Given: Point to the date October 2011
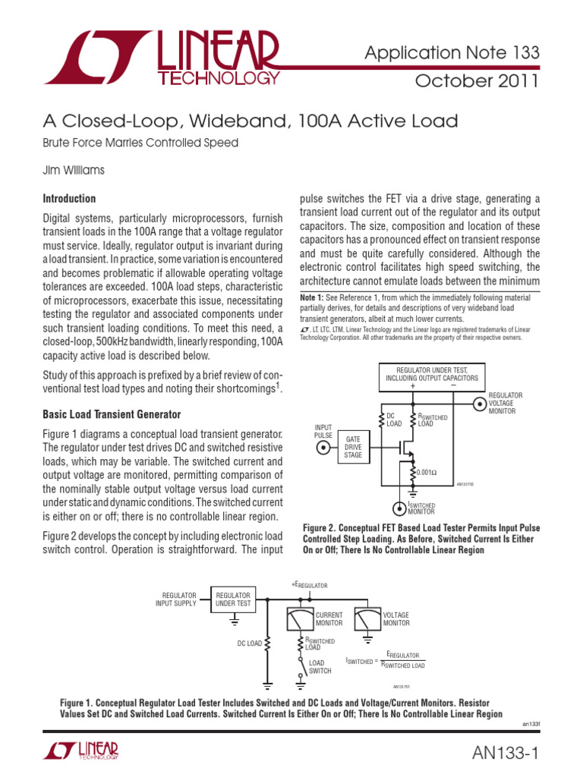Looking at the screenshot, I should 477,81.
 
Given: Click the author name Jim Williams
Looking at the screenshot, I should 73,171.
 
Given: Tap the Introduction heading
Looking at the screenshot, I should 69,199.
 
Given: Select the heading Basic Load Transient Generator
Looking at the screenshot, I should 112,414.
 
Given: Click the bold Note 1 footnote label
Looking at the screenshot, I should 314,297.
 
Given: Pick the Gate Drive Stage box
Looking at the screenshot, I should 354,447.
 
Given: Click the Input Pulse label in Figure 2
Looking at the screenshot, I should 323,432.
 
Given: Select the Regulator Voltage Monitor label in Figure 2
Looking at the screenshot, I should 505,403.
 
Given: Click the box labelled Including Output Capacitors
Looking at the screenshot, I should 432,377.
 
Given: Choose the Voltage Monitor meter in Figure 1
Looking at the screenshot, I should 367,618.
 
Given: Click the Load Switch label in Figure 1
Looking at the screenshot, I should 320,666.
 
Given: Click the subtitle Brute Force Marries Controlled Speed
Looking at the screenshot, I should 140,143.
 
